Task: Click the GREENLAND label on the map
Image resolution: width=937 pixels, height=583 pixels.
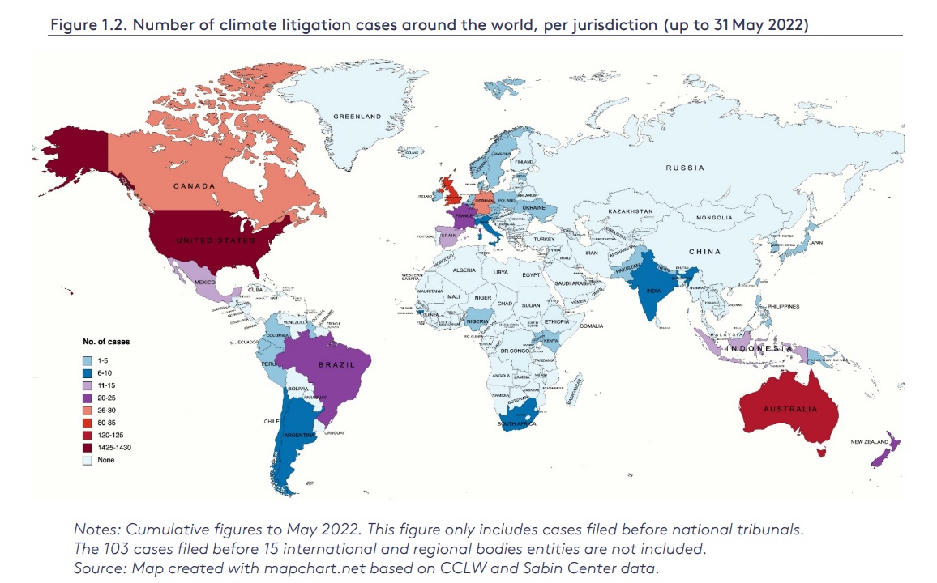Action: coord(357,117)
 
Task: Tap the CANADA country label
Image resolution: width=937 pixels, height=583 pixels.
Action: coord(194,186)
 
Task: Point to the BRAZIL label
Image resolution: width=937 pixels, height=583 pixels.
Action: coord(336,364)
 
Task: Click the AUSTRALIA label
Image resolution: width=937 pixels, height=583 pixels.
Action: coord(790,409)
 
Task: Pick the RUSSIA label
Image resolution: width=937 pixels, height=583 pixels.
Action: coord(685,168)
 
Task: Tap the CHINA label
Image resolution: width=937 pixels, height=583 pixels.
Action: coord(704,251)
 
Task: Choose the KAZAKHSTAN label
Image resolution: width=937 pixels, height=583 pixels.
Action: coord(631,211)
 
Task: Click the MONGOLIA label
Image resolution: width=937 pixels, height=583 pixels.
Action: coord(713,218)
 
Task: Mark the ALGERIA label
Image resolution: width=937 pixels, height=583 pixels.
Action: coord(464,270)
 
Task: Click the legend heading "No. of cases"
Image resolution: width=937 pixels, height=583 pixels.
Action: coord(107,342)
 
